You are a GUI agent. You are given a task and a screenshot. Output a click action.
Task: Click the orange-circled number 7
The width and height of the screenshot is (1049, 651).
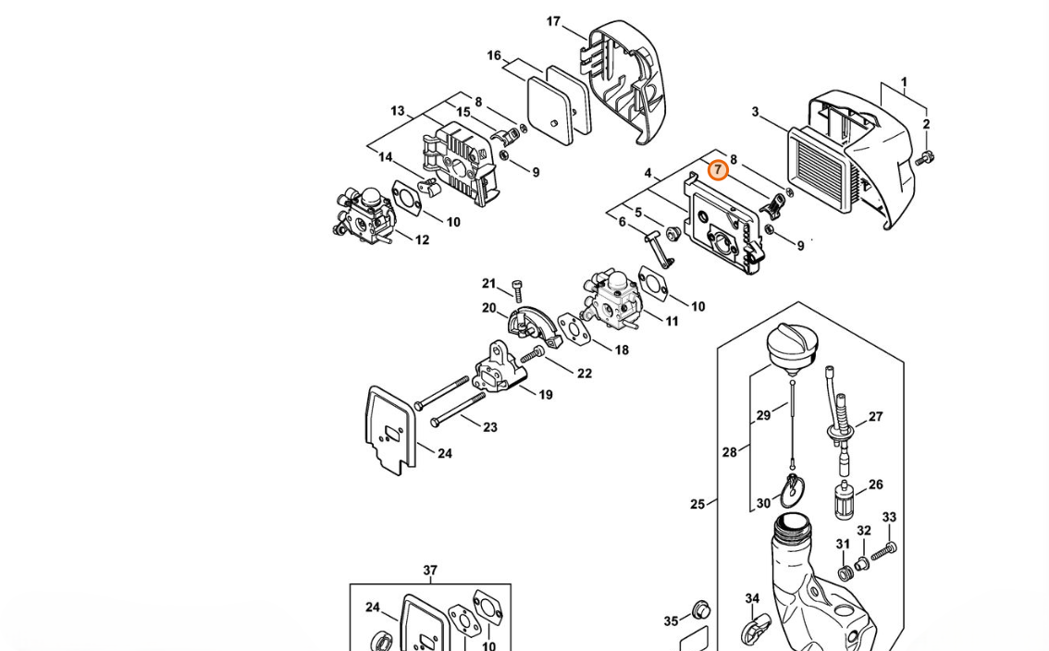(718, 170)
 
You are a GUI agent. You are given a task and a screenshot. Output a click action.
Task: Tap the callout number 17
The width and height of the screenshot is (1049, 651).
(553, 21)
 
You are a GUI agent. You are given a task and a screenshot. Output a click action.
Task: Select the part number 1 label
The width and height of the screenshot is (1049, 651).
(904, 82)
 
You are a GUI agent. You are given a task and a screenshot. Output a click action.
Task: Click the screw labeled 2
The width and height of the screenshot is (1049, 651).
(927, 158)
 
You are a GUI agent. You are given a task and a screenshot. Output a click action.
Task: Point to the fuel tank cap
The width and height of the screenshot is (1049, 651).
(792, 345)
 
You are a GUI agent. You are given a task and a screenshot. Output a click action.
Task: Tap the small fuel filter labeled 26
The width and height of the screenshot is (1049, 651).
(844, 499)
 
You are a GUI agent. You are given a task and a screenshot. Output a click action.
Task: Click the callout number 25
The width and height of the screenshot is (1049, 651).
(697, 504)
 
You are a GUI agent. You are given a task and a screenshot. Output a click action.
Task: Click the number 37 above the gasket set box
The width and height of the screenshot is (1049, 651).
(430, 570)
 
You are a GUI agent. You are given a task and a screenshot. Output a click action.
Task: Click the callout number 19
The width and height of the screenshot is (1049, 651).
(546, 395)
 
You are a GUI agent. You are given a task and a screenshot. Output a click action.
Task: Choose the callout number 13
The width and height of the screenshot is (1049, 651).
(398, 110)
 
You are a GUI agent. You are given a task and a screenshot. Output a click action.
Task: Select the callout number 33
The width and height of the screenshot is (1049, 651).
(889, 517)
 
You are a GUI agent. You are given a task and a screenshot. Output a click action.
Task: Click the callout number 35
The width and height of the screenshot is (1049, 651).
(671, 621)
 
